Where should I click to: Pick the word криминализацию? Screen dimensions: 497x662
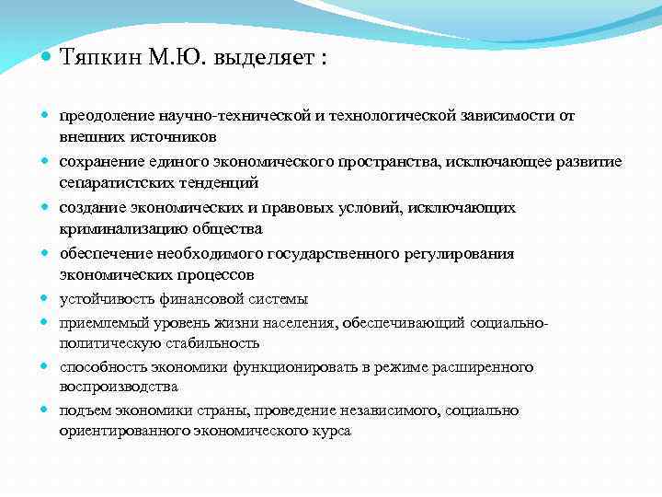(x=117, y=229)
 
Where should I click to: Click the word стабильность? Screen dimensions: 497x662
(x=216, y=343)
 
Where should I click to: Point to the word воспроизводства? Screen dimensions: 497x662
(x=119, y=387)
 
